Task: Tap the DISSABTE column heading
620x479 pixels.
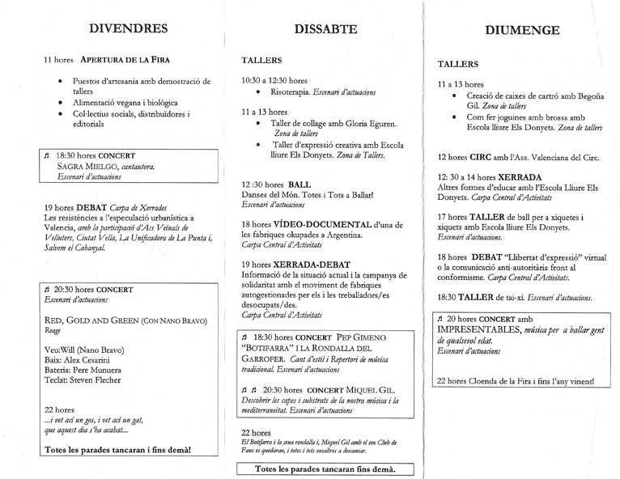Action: coord(325,30)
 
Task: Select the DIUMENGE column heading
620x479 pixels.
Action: coord(522,32)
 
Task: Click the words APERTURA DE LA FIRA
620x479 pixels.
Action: coord(125,60)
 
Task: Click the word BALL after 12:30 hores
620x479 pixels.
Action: coord(299,184)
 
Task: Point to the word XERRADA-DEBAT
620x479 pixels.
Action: coord(309,265)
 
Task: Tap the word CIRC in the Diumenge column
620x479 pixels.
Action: coord(486,158)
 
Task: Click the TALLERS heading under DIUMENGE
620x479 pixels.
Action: coord(457,64)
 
